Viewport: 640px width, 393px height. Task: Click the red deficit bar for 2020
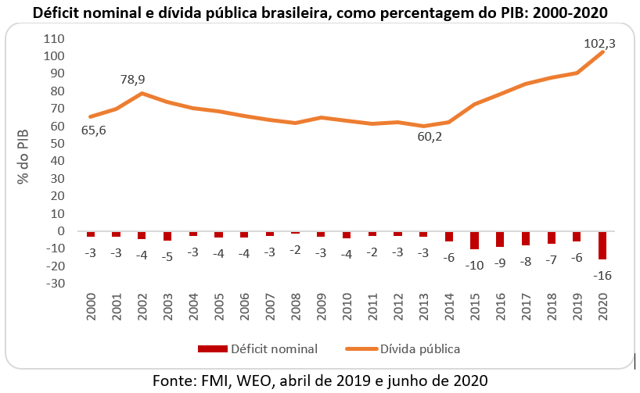pos(603,245)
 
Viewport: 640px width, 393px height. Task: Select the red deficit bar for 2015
pos(475,241)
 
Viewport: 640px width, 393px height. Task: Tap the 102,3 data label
pos(599,45)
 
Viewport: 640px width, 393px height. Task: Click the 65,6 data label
pos(93,130)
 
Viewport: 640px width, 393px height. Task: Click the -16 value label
pos(602,275)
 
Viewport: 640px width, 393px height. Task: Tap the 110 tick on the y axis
pos(54,38)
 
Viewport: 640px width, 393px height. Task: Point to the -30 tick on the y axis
pos(54,284)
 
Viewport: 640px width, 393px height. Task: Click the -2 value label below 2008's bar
pos(296,250)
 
